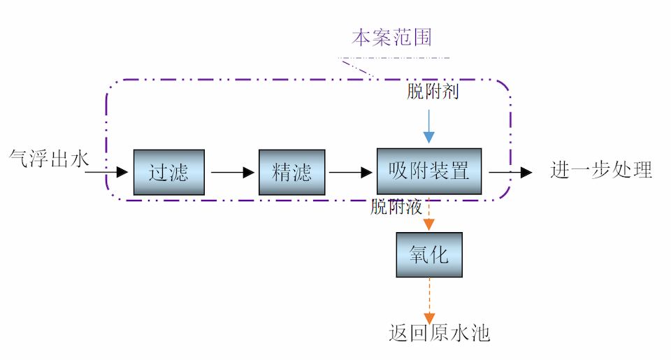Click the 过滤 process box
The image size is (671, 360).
169,171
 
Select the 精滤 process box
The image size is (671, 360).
292,171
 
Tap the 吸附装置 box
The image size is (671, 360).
428,171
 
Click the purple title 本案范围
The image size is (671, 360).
391,37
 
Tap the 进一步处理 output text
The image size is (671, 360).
601,170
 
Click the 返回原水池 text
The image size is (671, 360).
439,333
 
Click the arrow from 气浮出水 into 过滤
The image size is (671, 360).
110,170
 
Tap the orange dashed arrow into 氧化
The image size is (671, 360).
428,213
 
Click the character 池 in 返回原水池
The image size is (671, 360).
479,333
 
